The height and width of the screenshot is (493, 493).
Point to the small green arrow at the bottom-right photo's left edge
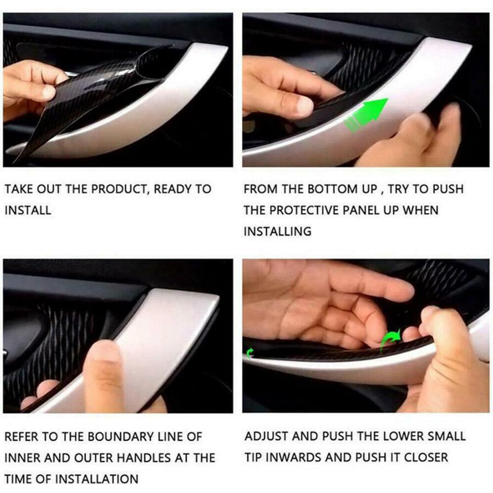[250, 354]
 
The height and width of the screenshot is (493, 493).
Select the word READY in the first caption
[174, 189]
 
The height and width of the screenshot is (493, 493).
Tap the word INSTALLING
[277, 232]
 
